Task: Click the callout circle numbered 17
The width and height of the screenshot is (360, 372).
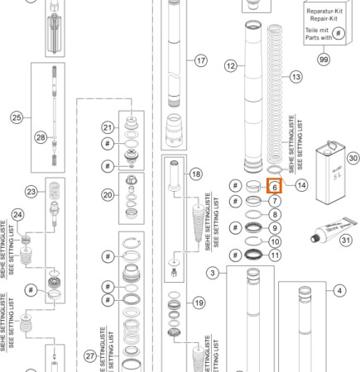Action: click(200, 61)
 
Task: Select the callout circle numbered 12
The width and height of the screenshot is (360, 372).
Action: click(231, 64)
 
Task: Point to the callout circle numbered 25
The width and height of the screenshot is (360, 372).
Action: click(17, 118)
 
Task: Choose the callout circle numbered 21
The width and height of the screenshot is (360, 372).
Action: click(107, 126)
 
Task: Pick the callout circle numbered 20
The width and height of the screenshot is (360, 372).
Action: click(107, 195)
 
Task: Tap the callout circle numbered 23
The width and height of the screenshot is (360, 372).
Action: click(31, 192)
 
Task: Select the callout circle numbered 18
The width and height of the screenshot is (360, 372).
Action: click(195, 174)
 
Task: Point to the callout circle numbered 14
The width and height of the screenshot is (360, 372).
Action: click(301, 186)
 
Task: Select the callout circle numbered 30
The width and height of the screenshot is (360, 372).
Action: click(352, 156)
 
